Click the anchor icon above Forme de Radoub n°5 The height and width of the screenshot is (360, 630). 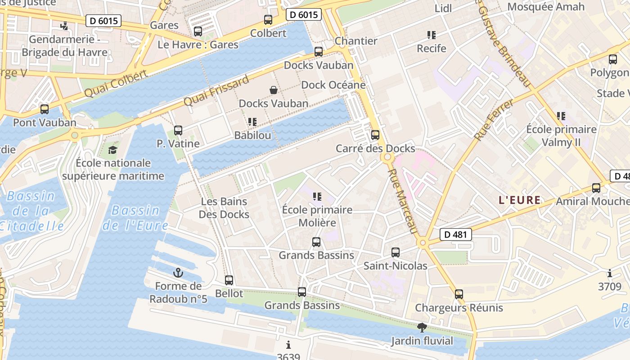point(178,273)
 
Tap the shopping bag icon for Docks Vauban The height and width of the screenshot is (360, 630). point(273,90)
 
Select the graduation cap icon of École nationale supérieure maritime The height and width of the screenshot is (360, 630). point(112,150)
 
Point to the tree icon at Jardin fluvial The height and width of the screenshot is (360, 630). point(422,328)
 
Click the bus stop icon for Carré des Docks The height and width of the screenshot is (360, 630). point(375,135)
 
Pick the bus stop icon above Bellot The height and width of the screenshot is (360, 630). point(229,280)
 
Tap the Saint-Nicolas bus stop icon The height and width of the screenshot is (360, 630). point(396,252)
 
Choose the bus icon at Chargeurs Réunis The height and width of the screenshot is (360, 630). point(459,294)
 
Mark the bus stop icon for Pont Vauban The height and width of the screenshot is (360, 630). point(44,109)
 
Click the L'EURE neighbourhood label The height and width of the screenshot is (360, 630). point(519,200)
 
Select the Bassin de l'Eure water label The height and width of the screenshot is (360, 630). point(135,218)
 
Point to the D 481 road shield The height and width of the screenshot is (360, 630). point(456,234)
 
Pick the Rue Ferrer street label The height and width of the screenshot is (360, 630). point(494,120)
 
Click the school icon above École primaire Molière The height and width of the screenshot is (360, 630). point(317,197)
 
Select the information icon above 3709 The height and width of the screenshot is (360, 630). point(610,273)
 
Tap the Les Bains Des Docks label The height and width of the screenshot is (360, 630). point(224,208)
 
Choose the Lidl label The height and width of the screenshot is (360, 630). point(443,9)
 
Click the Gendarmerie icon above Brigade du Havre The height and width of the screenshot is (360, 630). point(64,26)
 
